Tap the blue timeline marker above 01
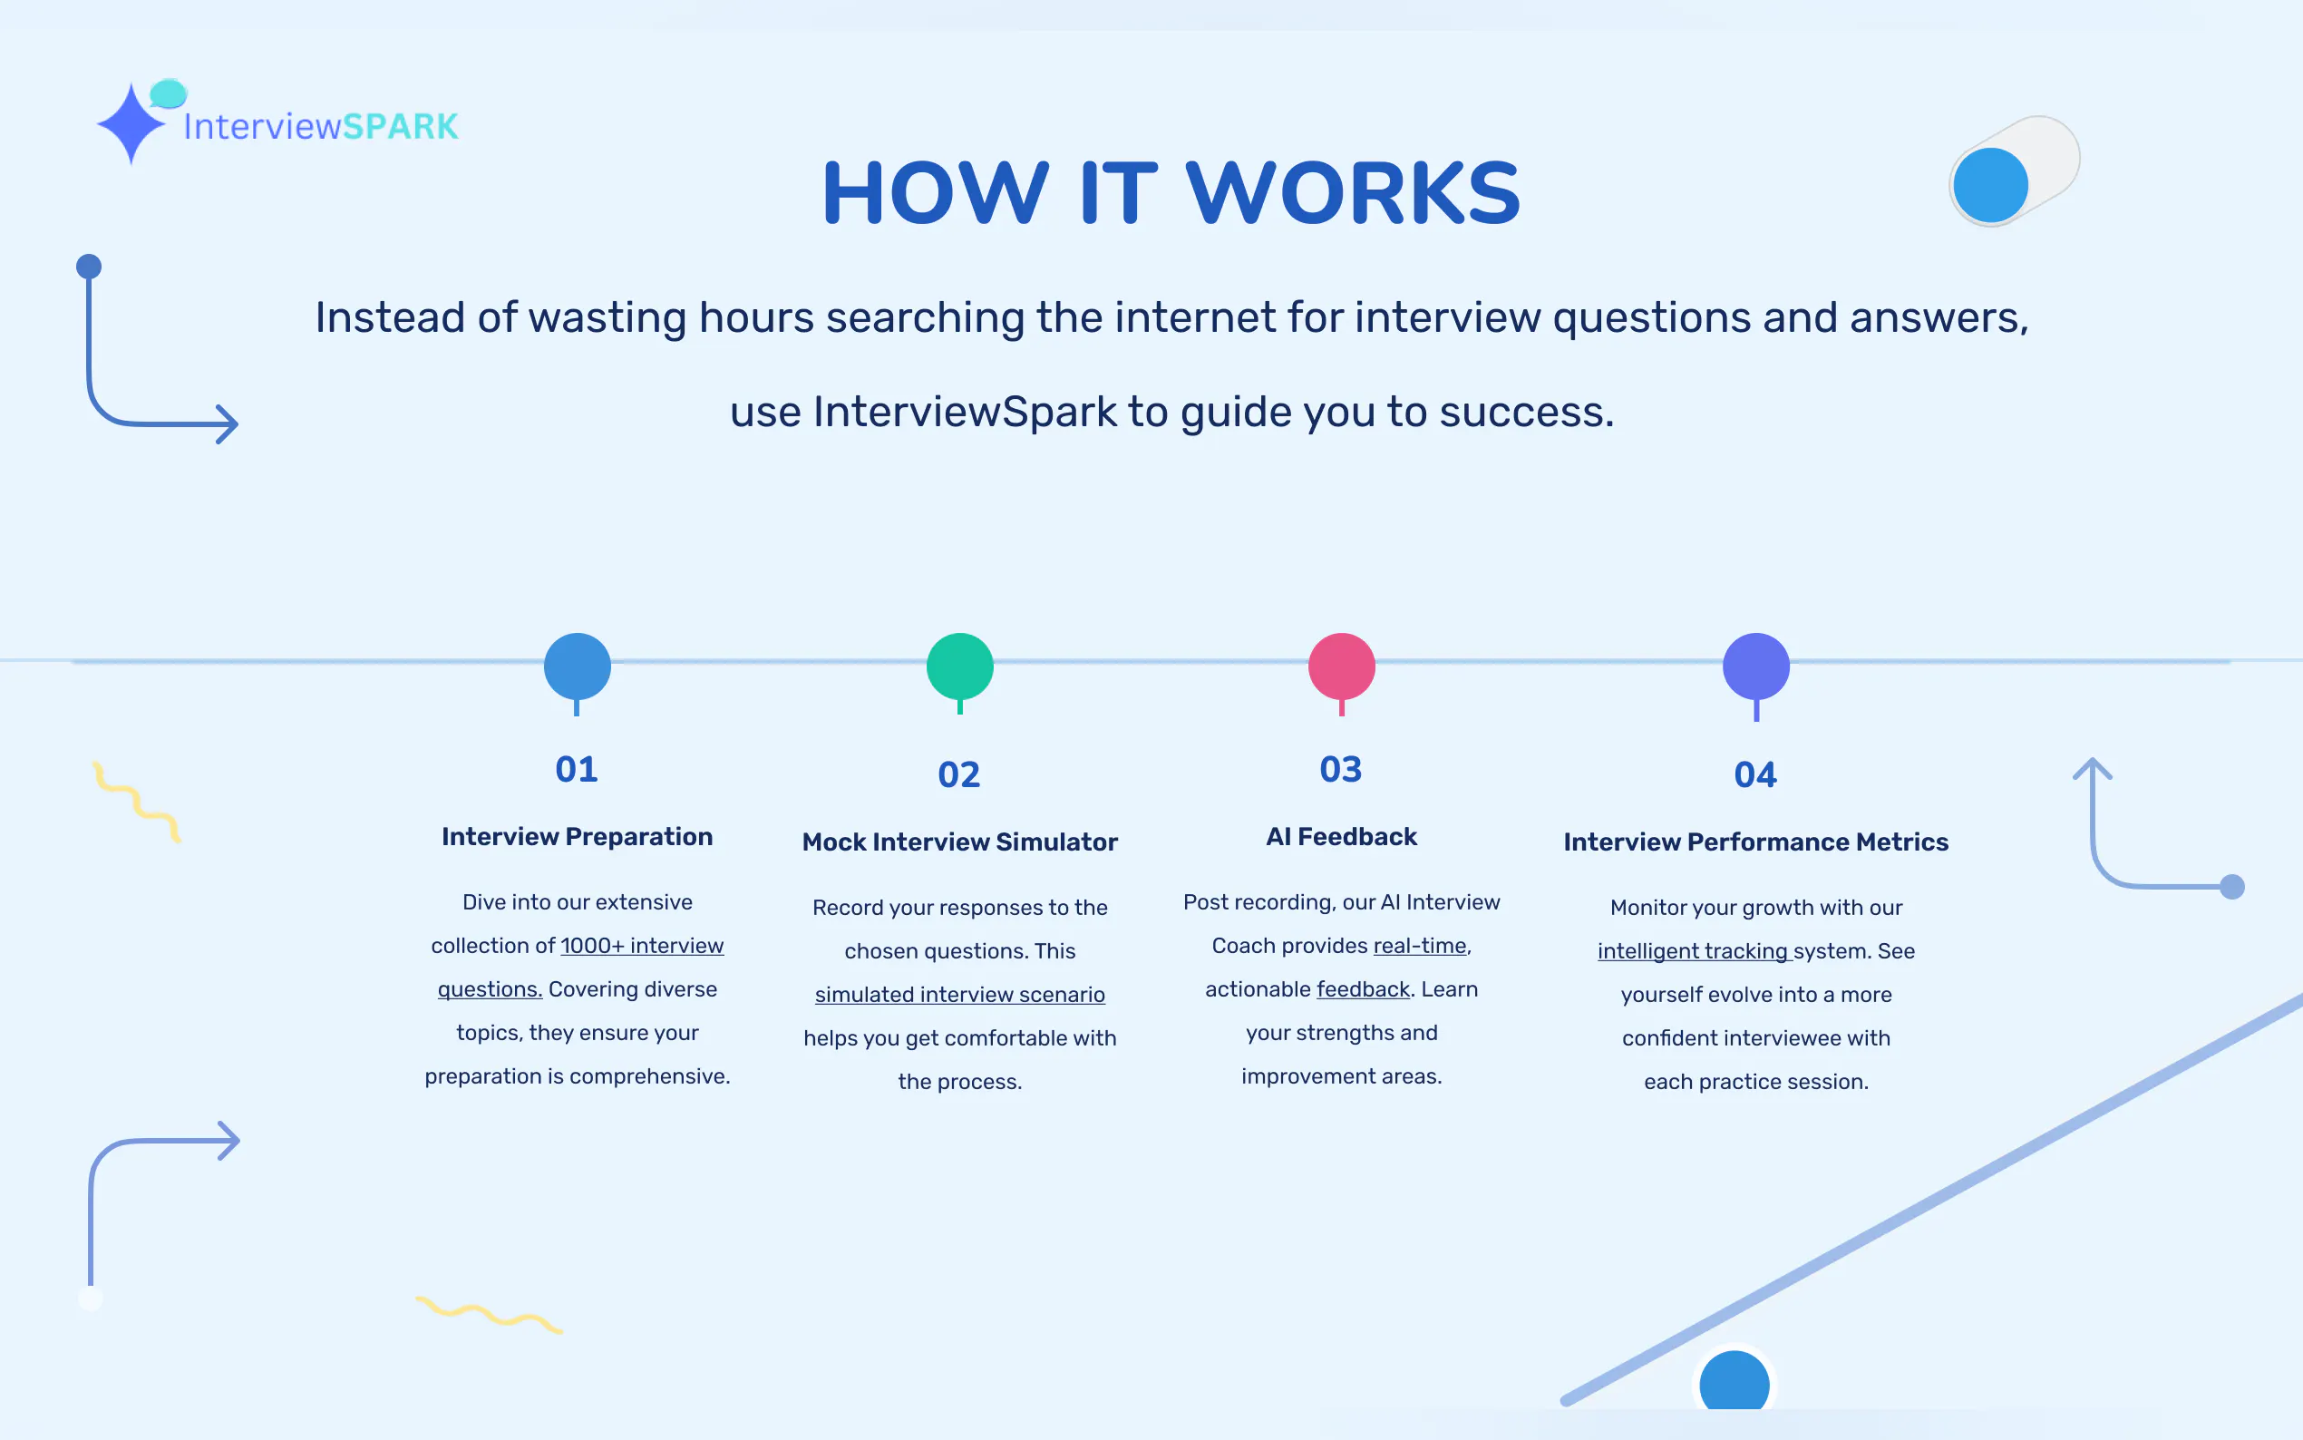coord(577,666)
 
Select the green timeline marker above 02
coord(959,666)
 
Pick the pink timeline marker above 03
coord(1341,666)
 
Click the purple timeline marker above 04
coord(1755,666)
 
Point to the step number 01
coord(577,770)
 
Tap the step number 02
coord(958,775)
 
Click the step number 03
coord(1340,770)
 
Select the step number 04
coord(1755,775)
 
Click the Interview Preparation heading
coord(577,837)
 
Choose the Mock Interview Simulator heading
coord(959,842)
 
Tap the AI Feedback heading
coord(1341,837)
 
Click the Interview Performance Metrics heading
coord(1755,842)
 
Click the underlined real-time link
coord(1420,946)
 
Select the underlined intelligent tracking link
coord(1694,951)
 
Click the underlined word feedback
coord(1363,989)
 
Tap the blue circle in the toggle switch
coord(1990,185)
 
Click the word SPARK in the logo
coord(400,127)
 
